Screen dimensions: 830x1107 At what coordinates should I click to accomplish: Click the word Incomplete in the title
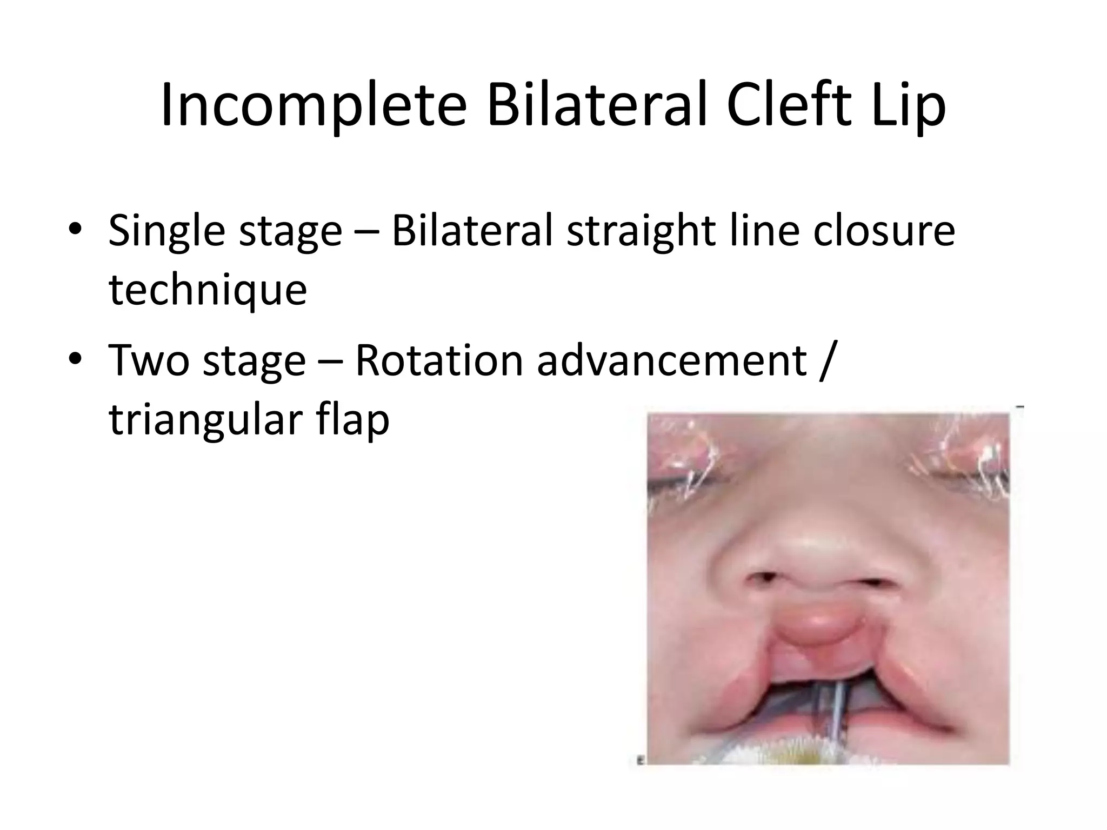pos(313,106)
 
